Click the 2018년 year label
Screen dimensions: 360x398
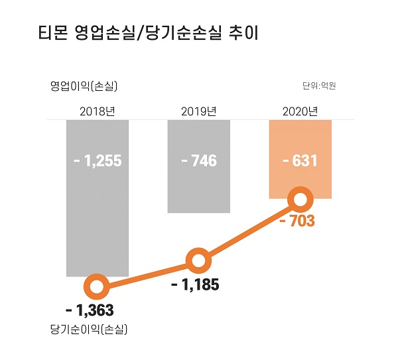click(x=98, y=111)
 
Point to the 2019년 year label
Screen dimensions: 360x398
click(x=199, y=111)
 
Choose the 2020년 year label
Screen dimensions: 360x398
click(x=300, y=111)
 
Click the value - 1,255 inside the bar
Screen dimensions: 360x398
click(x=98, y=160)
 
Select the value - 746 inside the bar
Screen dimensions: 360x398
click(x=199, y=160)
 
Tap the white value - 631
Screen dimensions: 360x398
click(x=300, y=160)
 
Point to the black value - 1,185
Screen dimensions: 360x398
click(x=194, y=285)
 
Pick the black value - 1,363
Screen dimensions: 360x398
click(x=90, y=310)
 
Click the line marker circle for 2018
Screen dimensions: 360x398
click(x=98, y=287)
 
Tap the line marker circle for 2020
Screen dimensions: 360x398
click(x=301, y=200)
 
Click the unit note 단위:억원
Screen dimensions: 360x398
click(x=320, y=86)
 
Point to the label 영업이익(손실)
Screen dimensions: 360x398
click(x=83, y=86)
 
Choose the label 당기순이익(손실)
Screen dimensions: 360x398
click(x=88, y=329)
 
